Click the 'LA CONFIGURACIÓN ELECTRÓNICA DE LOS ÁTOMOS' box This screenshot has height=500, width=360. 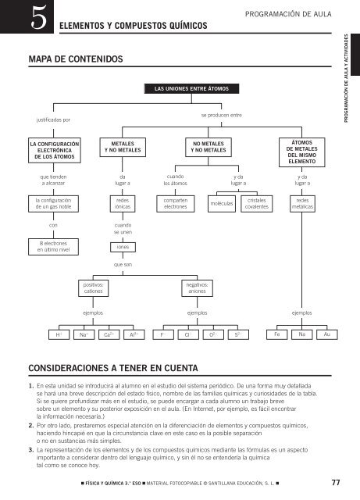coord(54,151)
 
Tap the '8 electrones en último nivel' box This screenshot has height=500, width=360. coord(54,251)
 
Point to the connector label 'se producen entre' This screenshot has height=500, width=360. coord(221,116)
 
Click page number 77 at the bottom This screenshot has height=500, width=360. coord(335,481)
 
